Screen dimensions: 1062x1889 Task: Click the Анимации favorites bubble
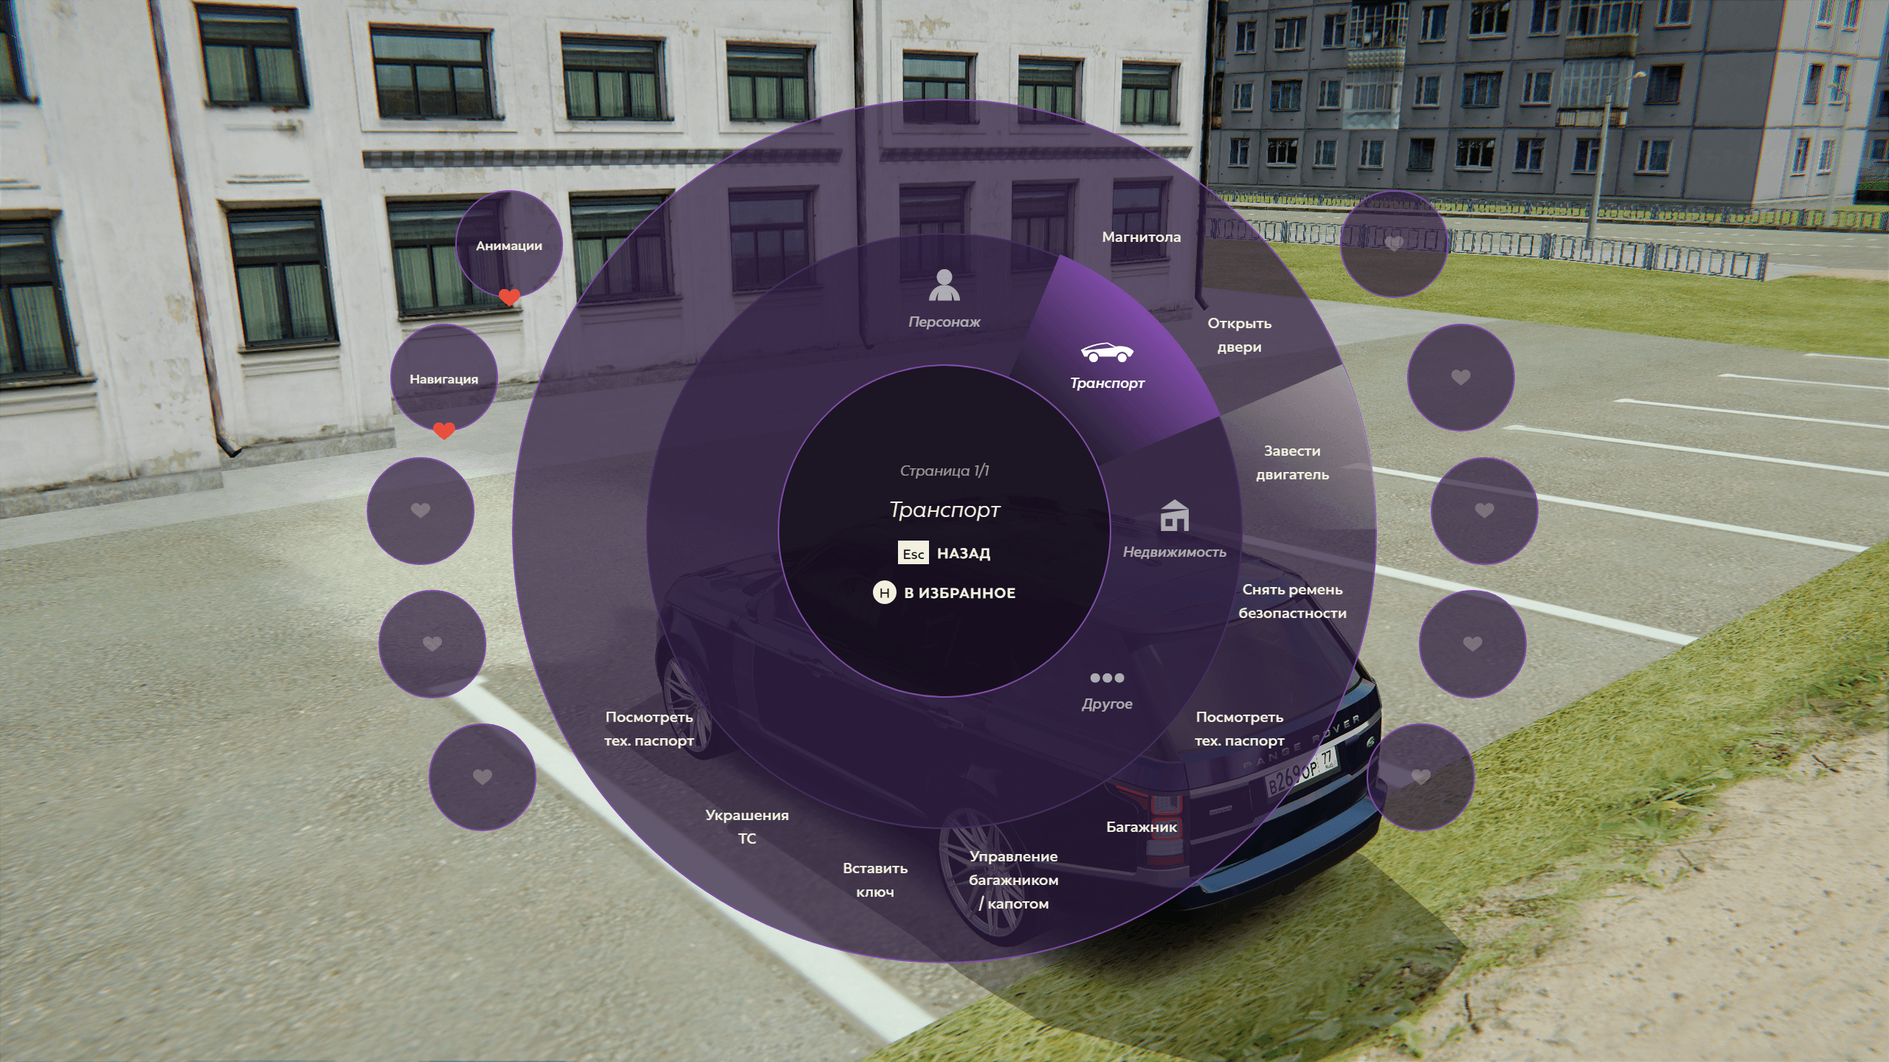[508, 244]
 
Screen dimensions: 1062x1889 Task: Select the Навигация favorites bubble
[443, 378]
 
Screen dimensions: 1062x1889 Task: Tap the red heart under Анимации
[509, 297]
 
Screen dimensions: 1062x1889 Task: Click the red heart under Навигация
[443, 430]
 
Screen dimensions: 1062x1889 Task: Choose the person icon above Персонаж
[944, 285]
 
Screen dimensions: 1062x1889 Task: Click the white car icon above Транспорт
[1107, 353]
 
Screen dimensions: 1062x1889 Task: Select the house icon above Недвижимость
[1174, 516]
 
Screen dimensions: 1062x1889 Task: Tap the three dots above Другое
[1107, 678]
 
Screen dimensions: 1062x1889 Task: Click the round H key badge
[884, 592]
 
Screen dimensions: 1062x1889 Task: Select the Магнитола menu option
[1141, 237]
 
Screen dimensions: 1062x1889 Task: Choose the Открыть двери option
[1239, 335]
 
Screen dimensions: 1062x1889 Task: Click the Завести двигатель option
[1292, 462]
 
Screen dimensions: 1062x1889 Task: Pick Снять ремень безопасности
[1292, 601]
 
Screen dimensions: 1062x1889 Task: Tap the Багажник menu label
[1141, 827]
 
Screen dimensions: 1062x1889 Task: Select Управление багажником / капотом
[1013, 879]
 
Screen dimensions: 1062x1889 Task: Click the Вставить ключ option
[875, 880]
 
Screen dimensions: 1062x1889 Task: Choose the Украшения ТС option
[747, 826]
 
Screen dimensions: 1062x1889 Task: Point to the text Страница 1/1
[944, 471]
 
